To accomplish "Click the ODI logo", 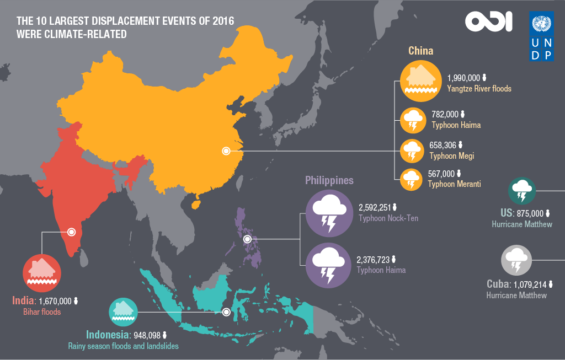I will [488, 22].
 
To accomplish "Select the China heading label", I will [420, 51].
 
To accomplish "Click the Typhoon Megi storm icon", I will [411, 151].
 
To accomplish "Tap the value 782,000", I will [445, 114].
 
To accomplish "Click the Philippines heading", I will [329, 180].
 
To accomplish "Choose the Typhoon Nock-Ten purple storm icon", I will [329, 213].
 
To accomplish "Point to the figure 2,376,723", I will [373, 259].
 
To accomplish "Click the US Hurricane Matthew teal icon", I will [522, 191].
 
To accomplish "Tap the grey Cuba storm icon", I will [516, 260].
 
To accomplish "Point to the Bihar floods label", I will [41, 311].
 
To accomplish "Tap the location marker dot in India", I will [71, 232].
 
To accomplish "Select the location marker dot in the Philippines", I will [247, 239].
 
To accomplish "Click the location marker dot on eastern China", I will [225, 151].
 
